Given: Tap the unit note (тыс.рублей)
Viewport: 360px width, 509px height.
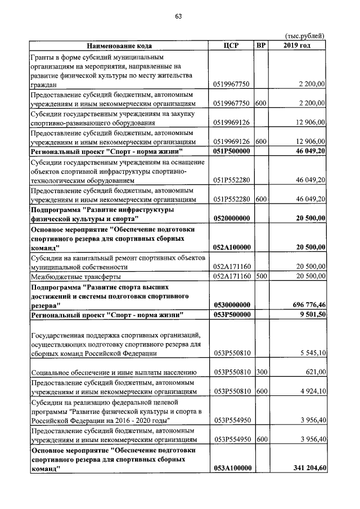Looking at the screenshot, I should [305, 37].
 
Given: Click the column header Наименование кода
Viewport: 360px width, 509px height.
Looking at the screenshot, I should [119, 46].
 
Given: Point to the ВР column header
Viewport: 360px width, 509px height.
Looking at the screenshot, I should [261, 46].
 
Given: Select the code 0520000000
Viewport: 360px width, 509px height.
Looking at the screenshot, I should [232, 217].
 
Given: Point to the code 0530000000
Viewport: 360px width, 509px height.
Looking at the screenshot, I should [232, 304].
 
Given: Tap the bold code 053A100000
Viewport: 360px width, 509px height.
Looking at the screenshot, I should [232, 468].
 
